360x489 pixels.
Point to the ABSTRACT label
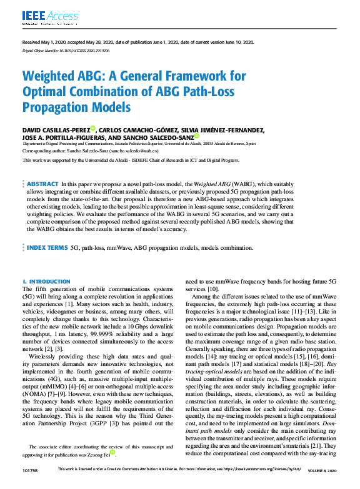[x=42, y=184]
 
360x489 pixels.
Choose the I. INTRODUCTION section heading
[x=46, y=282]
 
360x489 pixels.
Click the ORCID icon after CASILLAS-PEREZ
[x=92, y=129]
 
